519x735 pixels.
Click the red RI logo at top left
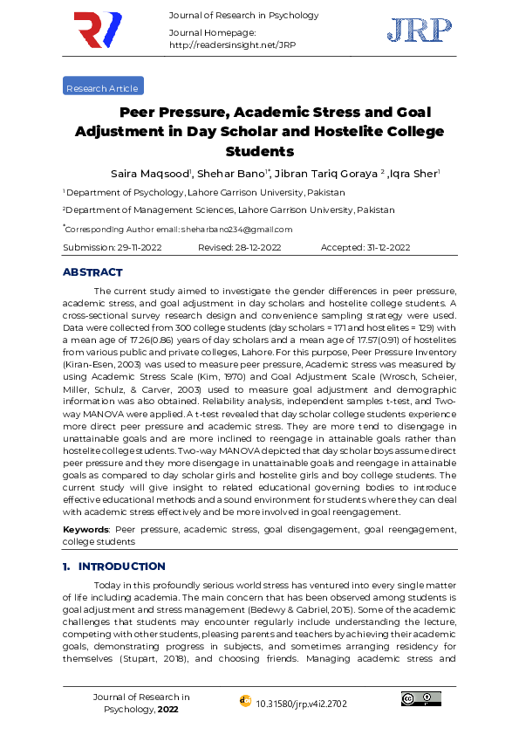tap(98, 31)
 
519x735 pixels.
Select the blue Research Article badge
tap(103, 87)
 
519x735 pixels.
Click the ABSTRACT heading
tap(92, 272)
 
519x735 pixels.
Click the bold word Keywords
tap(85, 530)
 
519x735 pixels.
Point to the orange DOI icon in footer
tap(244, 701)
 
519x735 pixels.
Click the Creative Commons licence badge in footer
tap(420, 698)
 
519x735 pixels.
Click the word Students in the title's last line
tap(259, 151)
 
